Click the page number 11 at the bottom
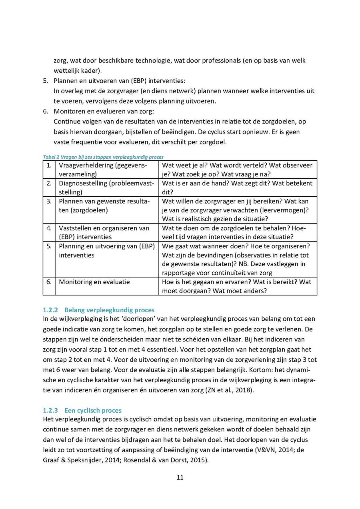[x=180, y=477]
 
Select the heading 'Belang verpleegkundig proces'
[x=109, y=310]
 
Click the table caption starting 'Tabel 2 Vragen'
[x=103, y=157]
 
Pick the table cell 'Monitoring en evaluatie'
[x=94, y=282]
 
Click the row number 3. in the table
[x=49, y=201]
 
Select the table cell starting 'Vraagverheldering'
[x=103, y=170]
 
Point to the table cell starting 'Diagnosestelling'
[x=106, y=188]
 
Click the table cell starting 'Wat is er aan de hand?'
[x=237, y=188]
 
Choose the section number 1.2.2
[x=50, y=310]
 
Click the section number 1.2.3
[x=50, y=410]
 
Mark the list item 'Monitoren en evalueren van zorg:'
[x=104, y=111]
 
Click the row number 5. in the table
[x=49, y=246]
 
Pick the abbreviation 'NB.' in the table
[x=244, y=264]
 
